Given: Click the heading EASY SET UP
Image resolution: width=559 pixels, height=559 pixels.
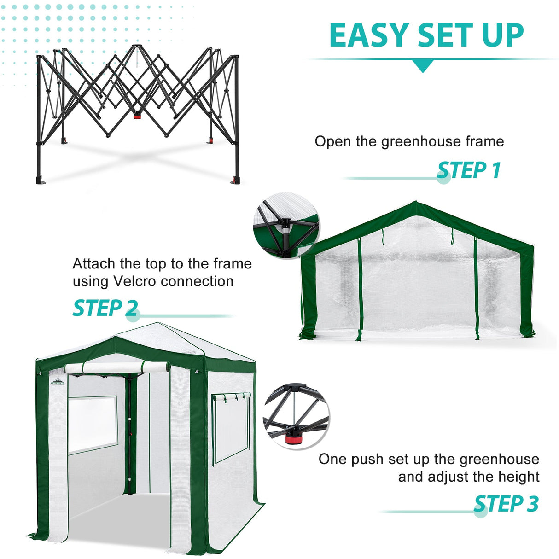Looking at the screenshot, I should pyautogui.click(x=426, y=35).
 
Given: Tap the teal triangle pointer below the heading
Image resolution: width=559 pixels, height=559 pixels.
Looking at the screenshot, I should pyautogui.click(x=422, y=66).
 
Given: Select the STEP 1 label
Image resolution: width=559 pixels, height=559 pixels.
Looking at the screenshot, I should pyautogui.click(x=468, y=170).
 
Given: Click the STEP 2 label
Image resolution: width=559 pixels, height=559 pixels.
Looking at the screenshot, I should pyautogui.click(x=105, y=308).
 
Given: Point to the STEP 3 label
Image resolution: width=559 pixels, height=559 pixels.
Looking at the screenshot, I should pyautogui.click(x=506, y=504).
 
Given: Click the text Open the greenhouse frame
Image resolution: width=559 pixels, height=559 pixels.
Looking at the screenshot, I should pyautogui.click(x=409, y=141).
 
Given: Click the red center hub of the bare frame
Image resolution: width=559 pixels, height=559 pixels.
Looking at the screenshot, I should pyautogui.click(x=137, y=116).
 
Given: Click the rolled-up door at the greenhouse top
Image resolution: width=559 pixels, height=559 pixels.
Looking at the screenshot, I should pyautogui.click(x=117, y=368).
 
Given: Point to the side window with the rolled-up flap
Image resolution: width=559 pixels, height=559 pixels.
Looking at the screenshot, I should pyautogui.click(x=231, y=426).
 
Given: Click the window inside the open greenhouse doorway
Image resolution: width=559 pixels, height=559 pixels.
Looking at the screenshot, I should pyautogui.click(x=92, y=423).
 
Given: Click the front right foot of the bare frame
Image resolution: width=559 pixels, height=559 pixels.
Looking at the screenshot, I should pyautogui.click(x=236, y=180).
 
